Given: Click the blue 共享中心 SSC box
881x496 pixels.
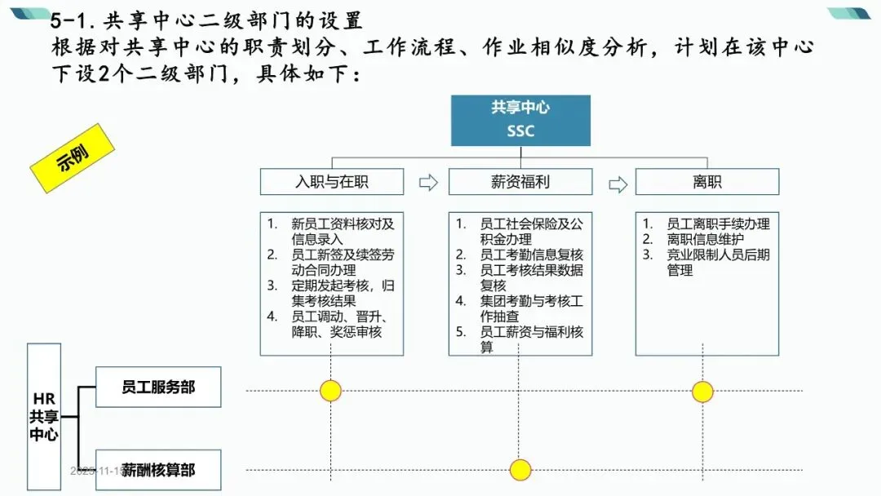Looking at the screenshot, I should coord(520,120).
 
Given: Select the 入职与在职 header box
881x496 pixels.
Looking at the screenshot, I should coord(331,182).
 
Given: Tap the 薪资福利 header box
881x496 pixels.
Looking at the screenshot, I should coord(520,182).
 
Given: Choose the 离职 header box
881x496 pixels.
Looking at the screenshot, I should coord(706,182).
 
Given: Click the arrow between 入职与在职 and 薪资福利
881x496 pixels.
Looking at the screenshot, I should coord(427,183).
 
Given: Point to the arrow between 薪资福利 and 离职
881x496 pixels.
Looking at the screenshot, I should coord(618,183).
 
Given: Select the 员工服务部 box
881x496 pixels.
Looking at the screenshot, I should coord(158,387).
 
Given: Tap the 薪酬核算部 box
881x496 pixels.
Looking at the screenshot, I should coord(158,470).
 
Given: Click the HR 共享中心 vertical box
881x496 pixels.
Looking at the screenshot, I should coord(44,416).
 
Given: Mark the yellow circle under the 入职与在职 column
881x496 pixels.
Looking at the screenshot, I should coord(330,391).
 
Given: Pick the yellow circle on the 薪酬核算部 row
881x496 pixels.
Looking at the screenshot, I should coord(520,470).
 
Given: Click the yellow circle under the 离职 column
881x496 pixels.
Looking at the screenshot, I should coord(702,392).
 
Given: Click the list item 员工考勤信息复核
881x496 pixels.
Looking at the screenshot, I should coord(531,255).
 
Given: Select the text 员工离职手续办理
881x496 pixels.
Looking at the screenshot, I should coord(718,224).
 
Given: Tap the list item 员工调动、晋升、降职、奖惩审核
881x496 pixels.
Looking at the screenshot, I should coord(337,324).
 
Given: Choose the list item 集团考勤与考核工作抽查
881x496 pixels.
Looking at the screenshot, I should coord(531,308).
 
